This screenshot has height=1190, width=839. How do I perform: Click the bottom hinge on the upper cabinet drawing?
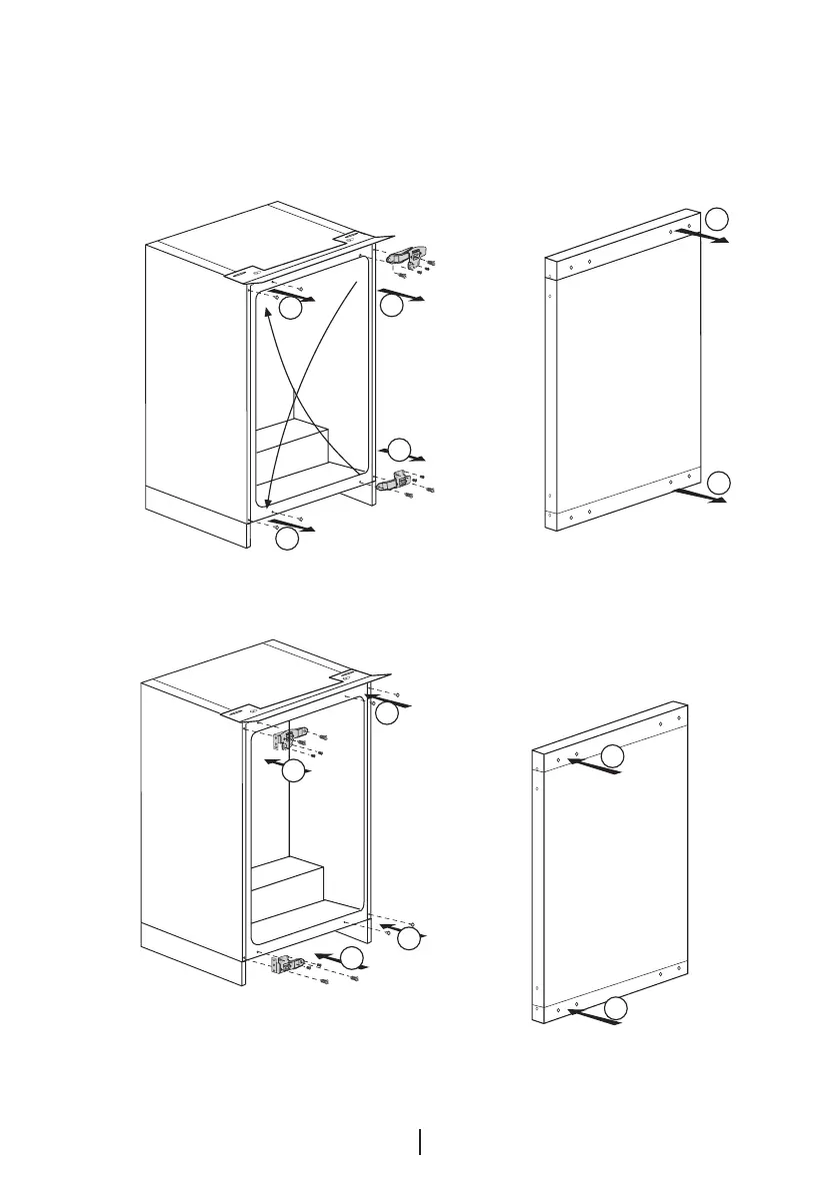coord(397,481)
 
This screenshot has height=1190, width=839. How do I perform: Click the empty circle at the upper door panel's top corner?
coord(718,219)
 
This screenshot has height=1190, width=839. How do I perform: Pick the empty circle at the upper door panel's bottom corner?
coord(718,484)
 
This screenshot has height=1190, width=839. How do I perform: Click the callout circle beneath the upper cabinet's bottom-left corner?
coord(286,538)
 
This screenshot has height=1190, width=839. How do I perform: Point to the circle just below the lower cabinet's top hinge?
coord(292,771)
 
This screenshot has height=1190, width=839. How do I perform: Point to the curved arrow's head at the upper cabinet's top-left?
coord(268,313)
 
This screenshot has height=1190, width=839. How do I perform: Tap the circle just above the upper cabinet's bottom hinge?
coord(398,449)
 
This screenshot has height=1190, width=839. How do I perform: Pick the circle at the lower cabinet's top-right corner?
coord(386,712)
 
